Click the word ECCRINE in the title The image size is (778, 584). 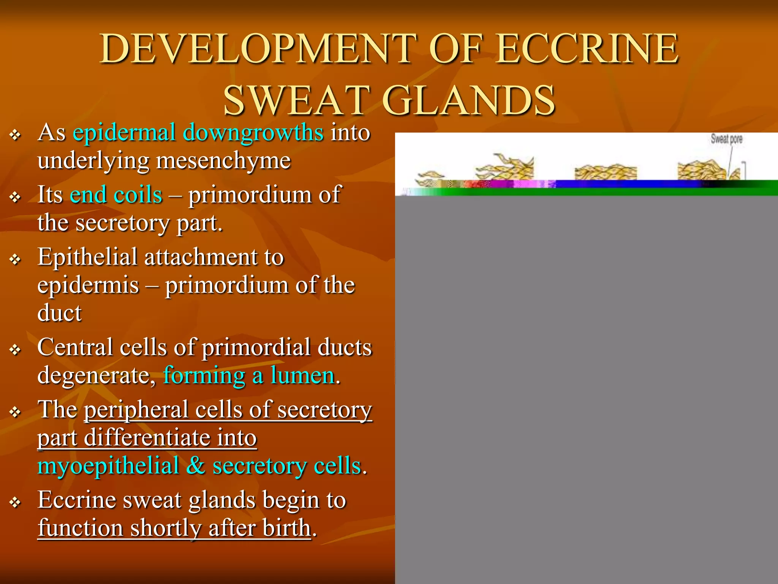pyautogui.click(x=587, y=49)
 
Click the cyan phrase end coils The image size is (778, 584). pyautogui.click(x=116, y=195)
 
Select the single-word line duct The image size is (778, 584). pyautogui.click(x=59, y=313)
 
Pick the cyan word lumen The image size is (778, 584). pyautogui.click(x=303, y=375)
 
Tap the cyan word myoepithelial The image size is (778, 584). pyautogui.click(x=108, y=466)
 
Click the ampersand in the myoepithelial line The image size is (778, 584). pyautogui.click(x=196, y=466)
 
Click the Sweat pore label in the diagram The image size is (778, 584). pyautogui.click(x=726, y=139)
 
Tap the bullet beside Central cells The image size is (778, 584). pyautogui.click(x=15, y=349)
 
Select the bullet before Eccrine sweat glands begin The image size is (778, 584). pyautogui.click(x=15, y=502)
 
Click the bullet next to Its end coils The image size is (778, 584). pyautogui.click(x=15, y=197)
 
